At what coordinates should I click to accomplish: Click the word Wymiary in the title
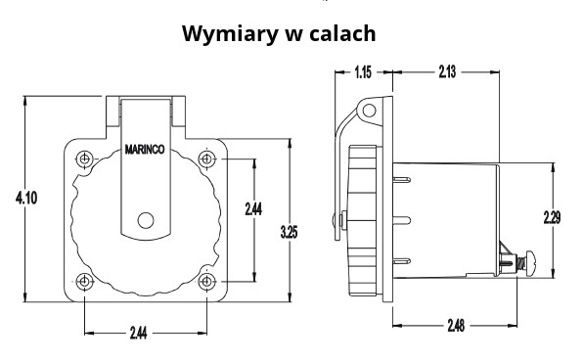(x=230, y=33)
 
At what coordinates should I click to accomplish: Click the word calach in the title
(x=342, y=33)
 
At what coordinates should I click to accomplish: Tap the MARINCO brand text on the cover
(x=145, y=150)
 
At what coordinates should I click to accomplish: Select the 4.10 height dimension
(x=26, y=198)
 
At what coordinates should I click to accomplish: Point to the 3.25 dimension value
(x=289, y=232)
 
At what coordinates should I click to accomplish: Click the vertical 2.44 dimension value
(x=253, y=208)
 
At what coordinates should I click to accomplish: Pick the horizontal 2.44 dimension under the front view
(x=138, y=333)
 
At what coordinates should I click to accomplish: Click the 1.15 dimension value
(x=363, y=72)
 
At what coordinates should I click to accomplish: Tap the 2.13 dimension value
(x=447, y=71)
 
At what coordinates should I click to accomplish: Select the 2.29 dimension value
(x=552, y=217)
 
